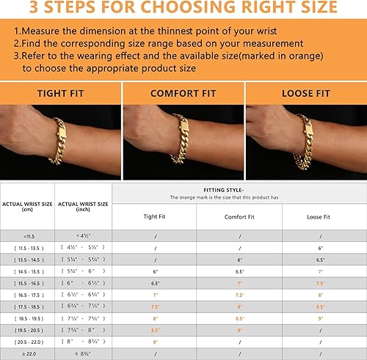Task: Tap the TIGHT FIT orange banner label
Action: click(60, 94)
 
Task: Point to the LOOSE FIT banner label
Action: click(306, 94)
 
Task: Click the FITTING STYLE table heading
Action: click(239, 188)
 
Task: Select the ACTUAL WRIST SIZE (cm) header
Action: click(27, 207)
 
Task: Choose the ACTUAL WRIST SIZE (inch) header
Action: click(83, 207)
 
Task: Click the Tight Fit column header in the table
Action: click(154, 216)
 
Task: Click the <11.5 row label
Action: click(27, 235)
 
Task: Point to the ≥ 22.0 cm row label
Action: click(27, 353)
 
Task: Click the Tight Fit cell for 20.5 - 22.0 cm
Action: click(154, 341)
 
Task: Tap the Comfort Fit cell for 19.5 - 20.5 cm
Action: click(239, 329)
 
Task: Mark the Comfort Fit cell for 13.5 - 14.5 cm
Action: click(239, 259)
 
